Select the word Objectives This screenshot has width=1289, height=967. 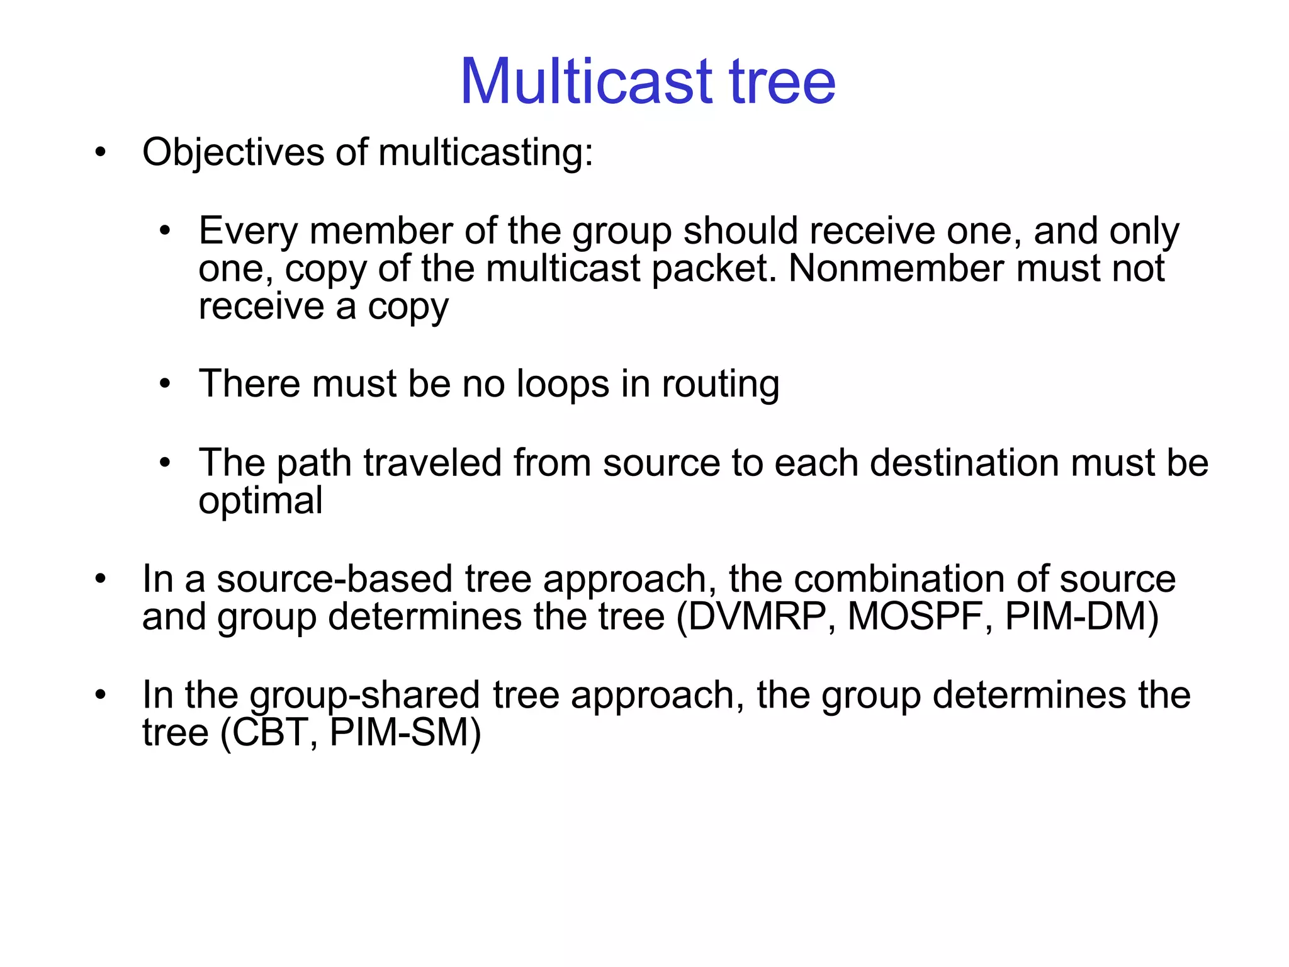[x=233, y=153]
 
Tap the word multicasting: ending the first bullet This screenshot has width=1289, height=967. [x=485, y=153]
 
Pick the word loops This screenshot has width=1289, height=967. [x=563, y=385]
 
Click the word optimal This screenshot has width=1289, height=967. [x=261, y=502]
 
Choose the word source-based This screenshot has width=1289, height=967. [x=334, y=579]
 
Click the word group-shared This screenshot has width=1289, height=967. [x=365, y=696]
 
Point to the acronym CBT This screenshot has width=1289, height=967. [x=271, y=733]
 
